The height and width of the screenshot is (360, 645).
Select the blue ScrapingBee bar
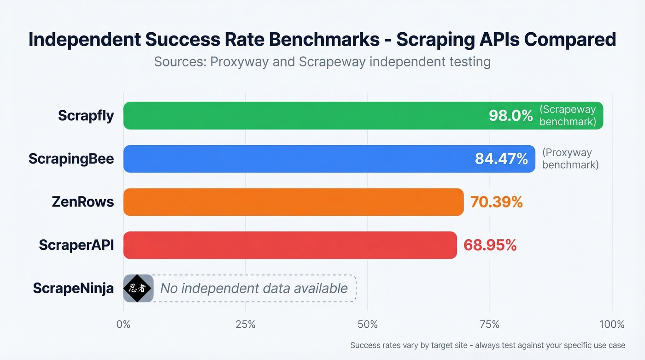tap(295, 159)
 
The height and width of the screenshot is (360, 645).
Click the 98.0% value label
tap(510, 116)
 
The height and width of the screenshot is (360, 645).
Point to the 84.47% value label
tap(501, 159)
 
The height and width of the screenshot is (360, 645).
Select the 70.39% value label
tap(496, 202)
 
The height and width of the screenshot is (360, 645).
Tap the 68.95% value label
tap(490, 245)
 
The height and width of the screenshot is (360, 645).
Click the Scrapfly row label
tap(86, 116)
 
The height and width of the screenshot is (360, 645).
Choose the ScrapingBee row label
tap(71, 159)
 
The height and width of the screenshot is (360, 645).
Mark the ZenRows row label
tap(82, 202)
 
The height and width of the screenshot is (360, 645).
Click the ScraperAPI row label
tap(76, 245)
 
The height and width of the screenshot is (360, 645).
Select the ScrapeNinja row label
tap(73, 289)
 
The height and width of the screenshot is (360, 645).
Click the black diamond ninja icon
tap(138, 289)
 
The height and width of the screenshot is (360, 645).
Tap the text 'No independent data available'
tap(253, 289)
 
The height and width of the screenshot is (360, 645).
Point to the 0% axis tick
tap(123, 325)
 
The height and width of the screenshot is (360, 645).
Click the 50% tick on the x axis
tap(368, 325)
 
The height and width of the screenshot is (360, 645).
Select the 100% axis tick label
tap(611, 325)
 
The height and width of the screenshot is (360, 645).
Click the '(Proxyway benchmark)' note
tap(570, 159)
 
